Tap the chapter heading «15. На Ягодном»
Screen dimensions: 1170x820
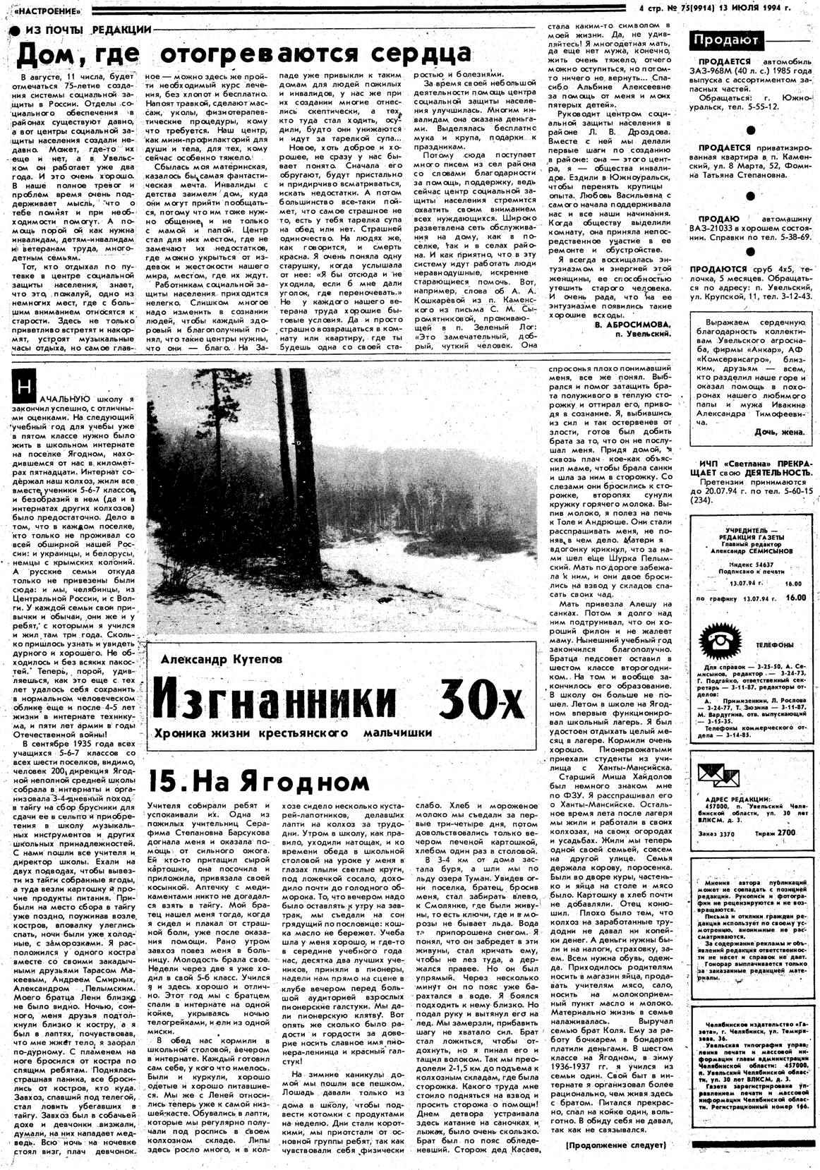pos(259,780)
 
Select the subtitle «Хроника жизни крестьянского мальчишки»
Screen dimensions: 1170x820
pos(296,732)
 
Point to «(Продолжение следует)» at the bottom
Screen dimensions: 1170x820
pos(616,1145)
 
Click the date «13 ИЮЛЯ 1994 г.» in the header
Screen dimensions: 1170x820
pos(766,8)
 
